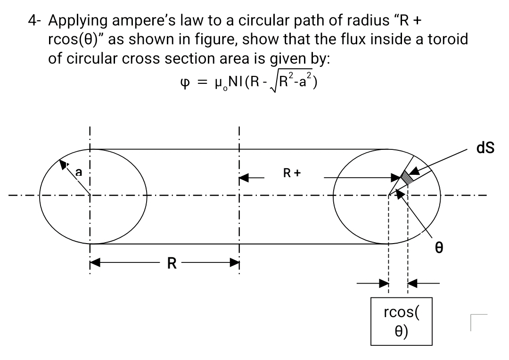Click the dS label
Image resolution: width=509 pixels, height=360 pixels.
click(485, 148)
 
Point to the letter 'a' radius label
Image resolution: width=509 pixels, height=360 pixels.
click(79, 173)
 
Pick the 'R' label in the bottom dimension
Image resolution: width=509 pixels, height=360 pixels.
click(172, 262)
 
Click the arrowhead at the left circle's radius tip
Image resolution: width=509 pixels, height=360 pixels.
click(62, 164)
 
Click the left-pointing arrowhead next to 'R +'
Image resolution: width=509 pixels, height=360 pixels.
click(244, 178)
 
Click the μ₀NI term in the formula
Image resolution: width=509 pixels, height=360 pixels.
click(219, 83)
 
